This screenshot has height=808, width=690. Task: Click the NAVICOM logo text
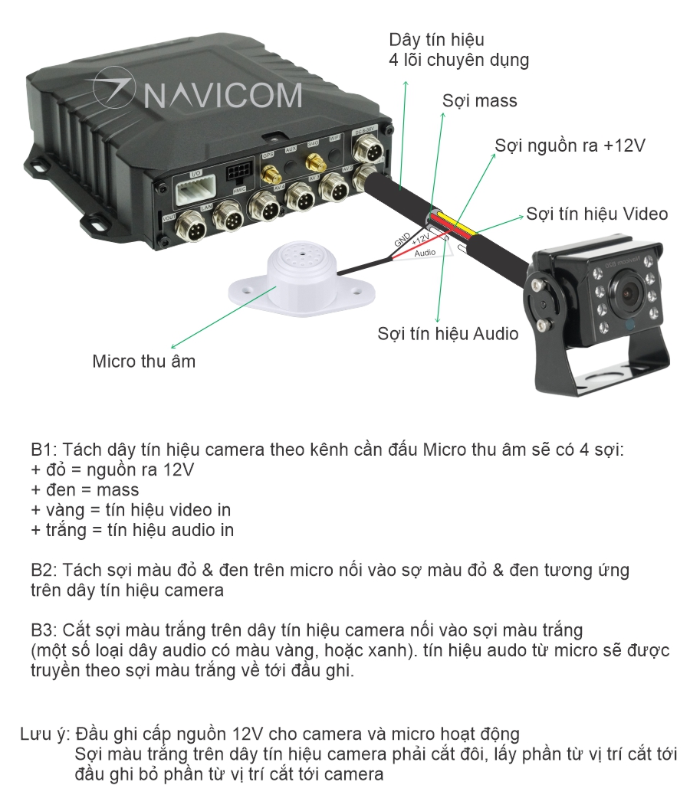[222, 95]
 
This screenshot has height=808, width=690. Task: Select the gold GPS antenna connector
[270, 175]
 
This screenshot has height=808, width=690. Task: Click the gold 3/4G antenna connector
[314, 163]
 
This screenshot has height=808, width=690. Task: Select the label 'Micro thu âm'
[143, 361]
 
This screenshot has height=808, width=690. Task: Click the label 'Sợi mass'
[479, 101]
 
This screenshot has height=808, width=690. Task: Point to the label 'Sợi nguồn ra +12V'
[570, 146]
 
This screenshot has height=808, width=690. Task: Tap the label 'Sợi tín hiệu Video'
[596, 214]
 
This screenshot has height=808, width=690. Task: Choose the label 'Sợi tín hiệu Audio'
[448, 333]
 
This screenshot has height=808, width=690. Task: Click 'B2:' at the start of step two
[44, 571]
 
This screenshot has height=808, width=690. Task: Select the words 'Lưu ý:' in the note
[45, 734]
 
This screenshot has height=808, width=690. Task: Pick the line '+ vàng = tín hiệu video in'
[130, 509]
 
